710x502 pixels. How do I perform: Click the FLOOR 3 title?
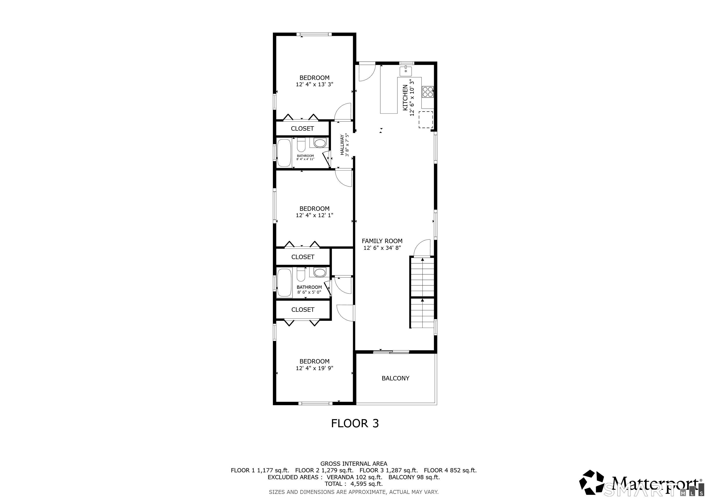[355, 423]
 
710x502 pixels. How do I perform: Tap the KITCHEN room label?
[405, 98]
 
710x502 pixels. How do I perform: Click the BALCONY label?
[395, 378]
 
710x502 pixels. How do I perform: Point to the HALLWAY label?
[342, 145]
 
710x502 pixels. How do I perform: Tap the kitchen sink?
[406, 71]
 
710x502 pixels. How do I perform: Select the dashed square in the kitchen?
[426, 120]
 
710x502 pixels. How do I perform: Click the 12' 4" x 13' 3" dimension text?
[315, 84]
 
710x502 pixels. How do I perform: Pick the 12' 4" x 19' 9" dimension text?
[315, 368]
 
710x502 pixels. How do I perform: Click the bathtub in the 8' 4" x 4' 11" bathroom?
[284, 153]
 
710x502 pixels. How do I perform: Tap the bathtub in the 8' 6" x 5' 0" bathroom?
[284, 283]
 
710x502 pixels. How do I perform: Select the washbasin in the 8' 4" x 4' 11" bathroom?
[319, 143]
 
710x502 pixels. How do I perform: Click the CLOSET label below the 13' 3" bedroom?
[303, 129]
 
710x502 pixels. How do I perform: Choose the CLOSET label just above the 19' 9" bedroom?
[303, 310]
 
